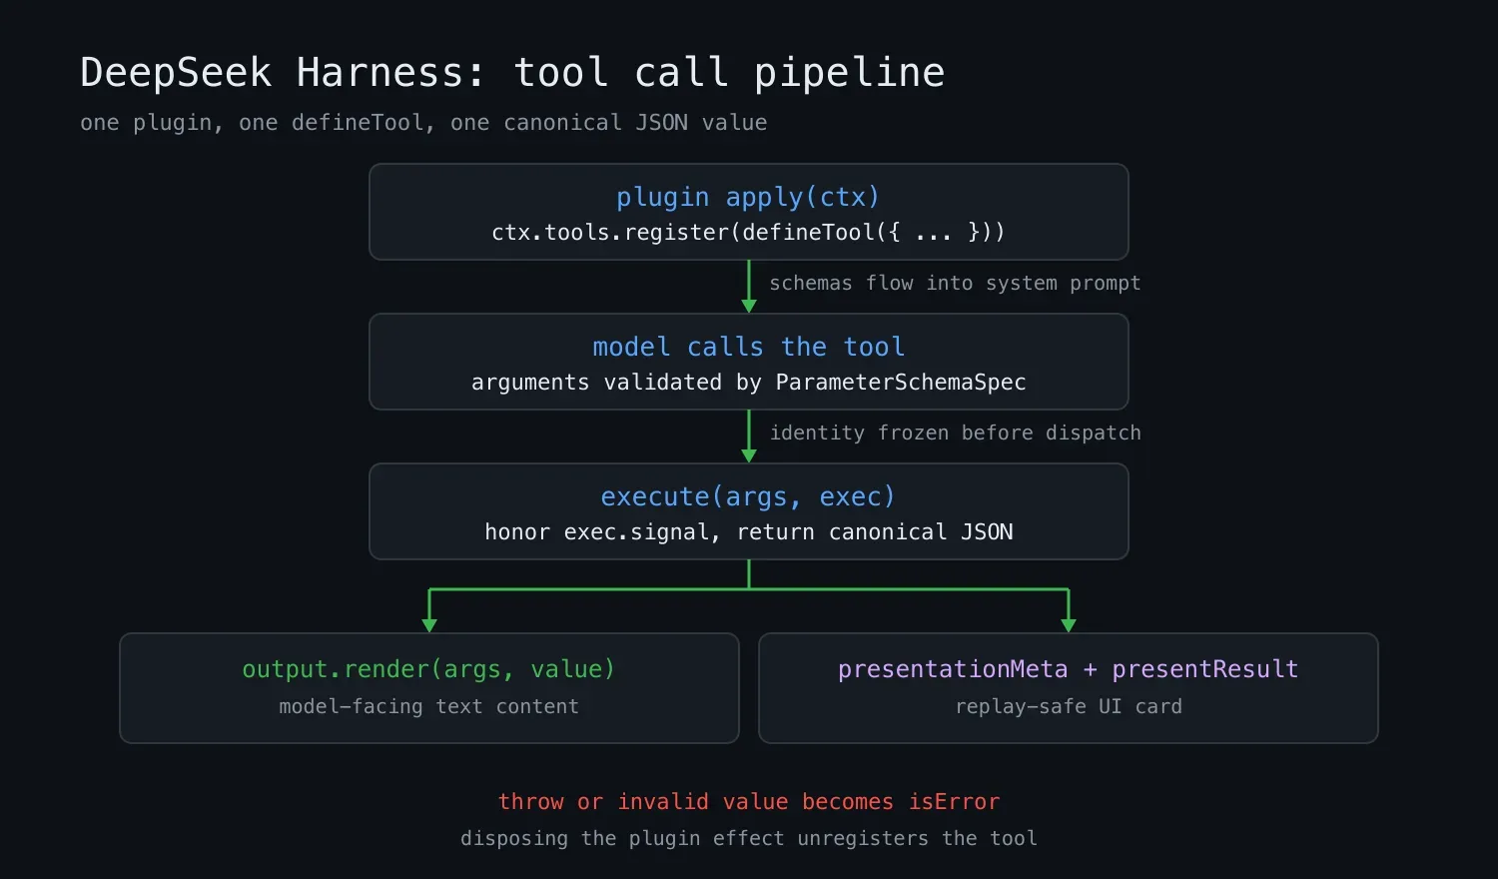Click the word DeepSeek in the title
tap(176, 72)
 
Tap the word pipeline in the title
tap(849, 72)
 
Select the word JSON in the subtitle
tap(661, 123)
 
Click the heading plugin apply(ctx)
tap(748, 198)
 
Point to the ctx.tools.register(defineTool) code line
tap(748, 232)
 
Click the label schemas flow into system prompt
tap(955, 283)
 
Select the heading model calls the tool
tap(748, 348)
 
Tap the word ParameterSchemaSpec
tap(900, 382)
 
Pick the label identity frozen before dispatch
tap(955, 433)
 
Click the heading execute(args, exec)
tap(748, 497)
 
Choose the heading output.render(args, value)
tap(428, 669)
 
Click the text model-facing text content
tap(428, 706)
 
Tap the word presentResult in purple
tap(1205, 669)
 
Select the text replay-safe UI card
tap(1069, 706)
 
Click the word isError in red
tap(955, 801)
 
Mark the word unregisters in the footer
tap(863, 838)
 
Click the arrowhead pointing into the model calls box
tap(749, 307)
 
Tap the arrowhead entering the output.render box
tap(429, 626)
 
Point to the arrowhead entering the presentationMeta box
tap(1069, 626)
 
